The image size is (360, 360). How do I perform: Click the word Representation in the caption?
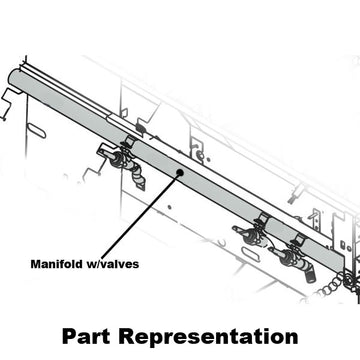(211, 334)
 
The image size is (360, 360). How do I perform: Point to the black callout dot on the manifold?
(178, 172)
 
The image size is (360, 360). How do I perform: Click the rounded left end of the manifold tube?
(12, 78)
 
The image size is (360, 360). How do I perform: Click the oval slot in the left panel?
(37, 130)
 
